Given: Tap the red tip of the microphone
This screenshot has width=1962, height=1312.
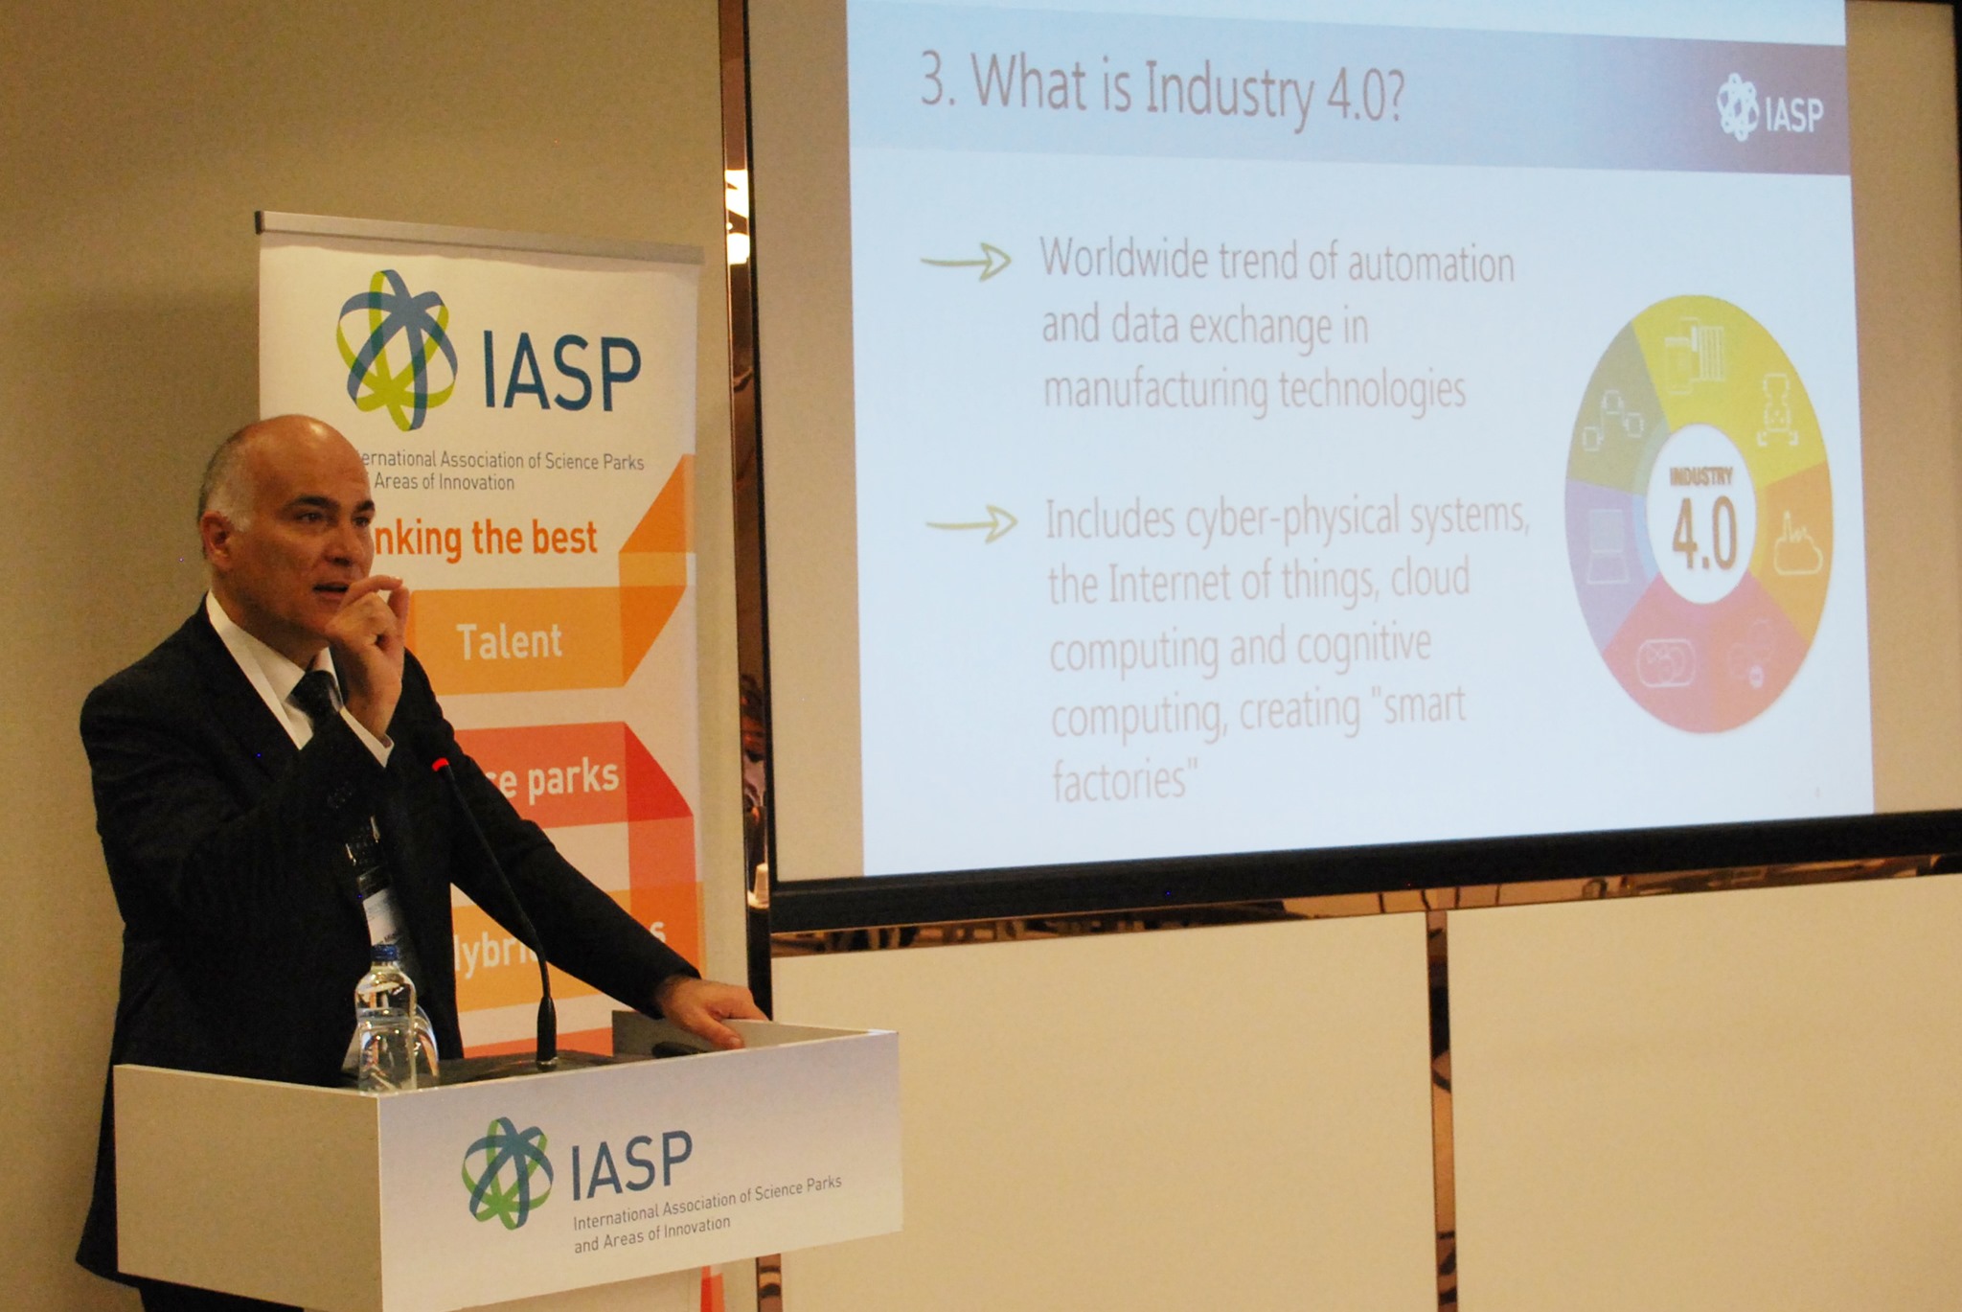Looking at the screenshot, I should (440, 765).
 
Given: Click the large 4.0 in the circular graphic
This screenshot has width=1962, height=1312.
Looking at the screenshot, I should (1704, 538).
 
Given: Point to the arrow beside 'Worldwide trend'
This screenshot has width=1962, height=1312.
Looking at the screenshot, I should (966, 261).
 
